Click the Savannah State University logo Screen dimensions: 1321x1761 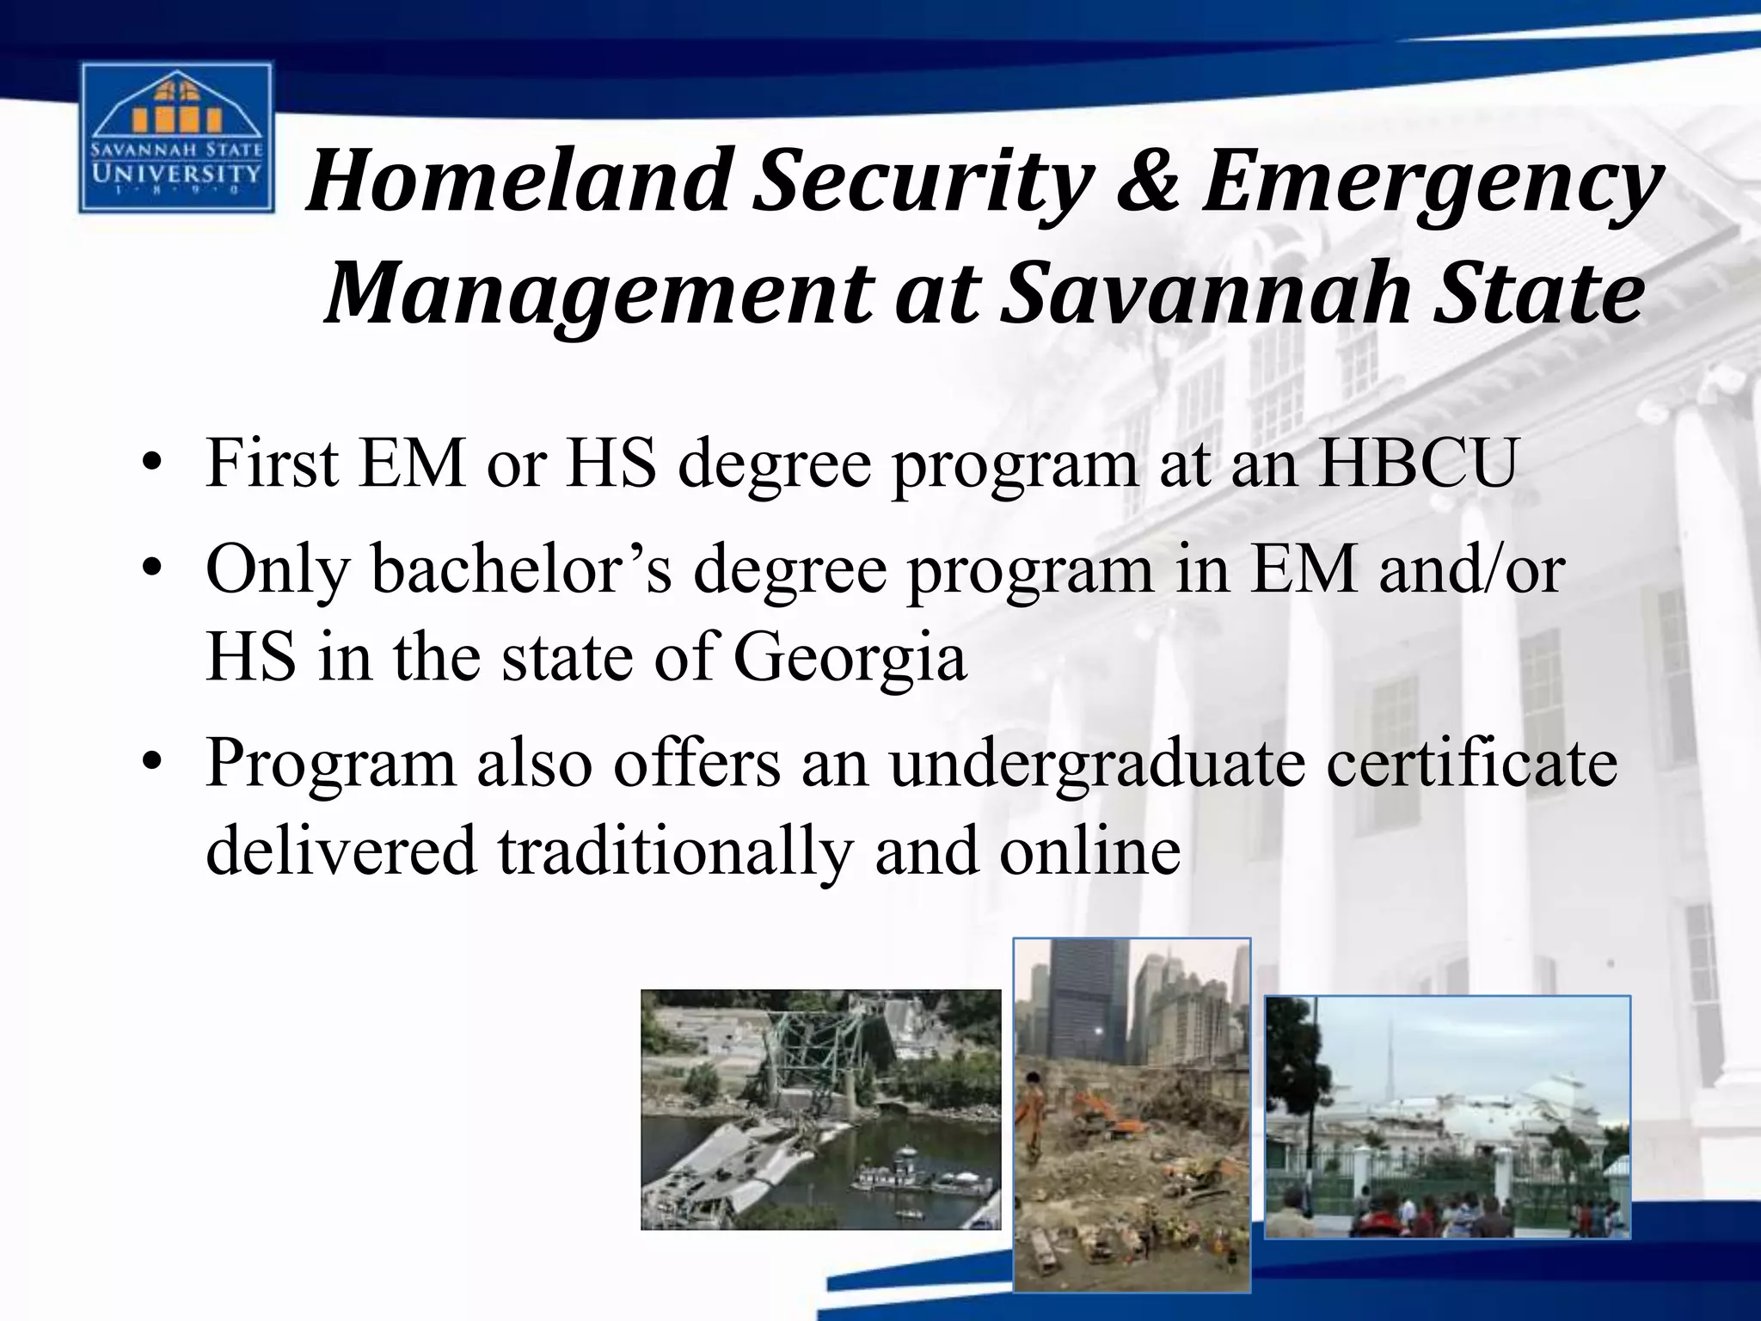point(175,138)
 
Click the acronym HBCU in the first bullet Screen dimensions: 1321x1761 point(1416,463)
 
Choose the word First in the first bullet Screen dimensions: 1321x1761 point(272,463)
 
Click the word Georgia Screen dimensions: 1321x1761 point(850,658)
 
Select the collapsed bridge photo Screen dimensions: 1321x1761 point(820,1109)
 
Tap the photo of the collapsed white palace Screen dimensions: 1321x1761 point(1447,1116)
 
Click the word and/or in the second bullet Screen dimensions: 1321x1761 point(1471,569)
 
